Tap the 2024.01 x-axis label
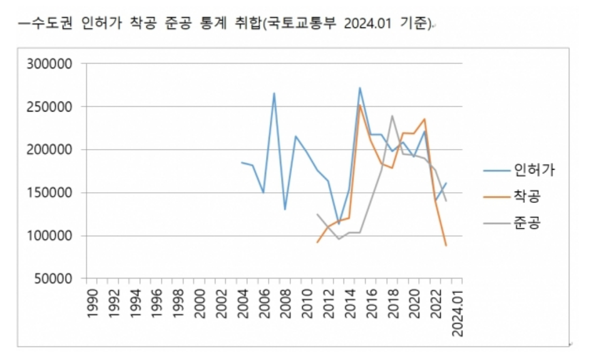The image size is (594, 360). point(458,312)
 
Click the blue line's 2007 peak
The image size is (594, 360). point(274,93)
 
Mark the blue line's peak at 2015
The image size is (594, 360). point(360,88)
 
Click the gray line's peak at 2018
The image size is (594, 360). point(392,116)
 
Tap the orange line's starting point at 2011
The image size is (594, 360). point(317,242)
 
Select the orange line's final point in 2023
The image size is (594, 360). point(446,245)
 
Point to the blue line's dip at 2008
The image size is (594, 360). point(285,209)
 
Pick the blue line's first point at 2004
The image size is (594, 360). point(242,162)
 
